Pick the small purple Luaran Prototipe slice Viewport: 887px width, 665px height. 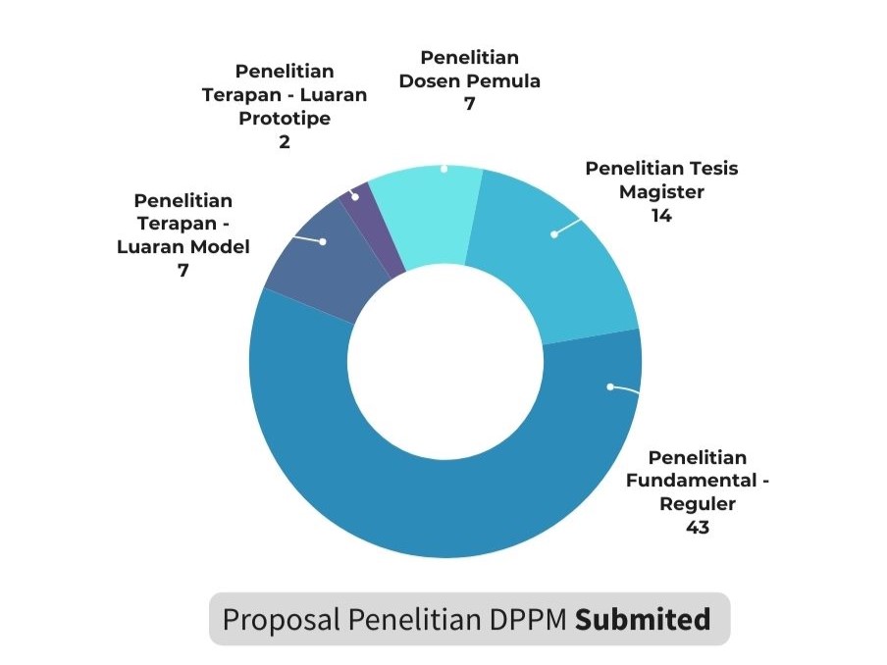point(368,221)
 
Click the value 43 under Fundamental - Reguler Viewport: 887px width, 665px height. point(698,527)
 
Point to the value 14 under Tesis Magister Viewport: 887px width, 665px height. point(661,216)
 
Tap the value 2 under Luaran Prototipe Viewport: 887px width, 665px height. point(285,141)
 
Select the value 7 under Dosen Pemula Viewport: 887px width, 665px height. point(470,103)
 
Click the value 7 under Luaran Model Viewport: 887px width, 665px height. point(183,270)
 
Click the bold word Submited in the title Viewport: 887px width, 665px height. point(642,620)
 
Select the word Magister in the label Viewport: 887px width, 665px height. point(661,192)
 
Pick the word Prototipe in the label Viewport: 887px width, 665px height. point(285,119)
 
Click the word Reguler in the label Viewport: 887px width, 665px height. point(698,504)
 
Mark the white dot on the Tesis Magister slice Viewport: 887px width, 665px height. point(553,233)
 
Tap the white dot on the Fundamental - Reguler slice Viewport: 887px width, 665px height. point(609,386)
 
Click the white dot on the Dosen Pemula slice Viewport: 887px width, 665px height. point(443,169)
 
